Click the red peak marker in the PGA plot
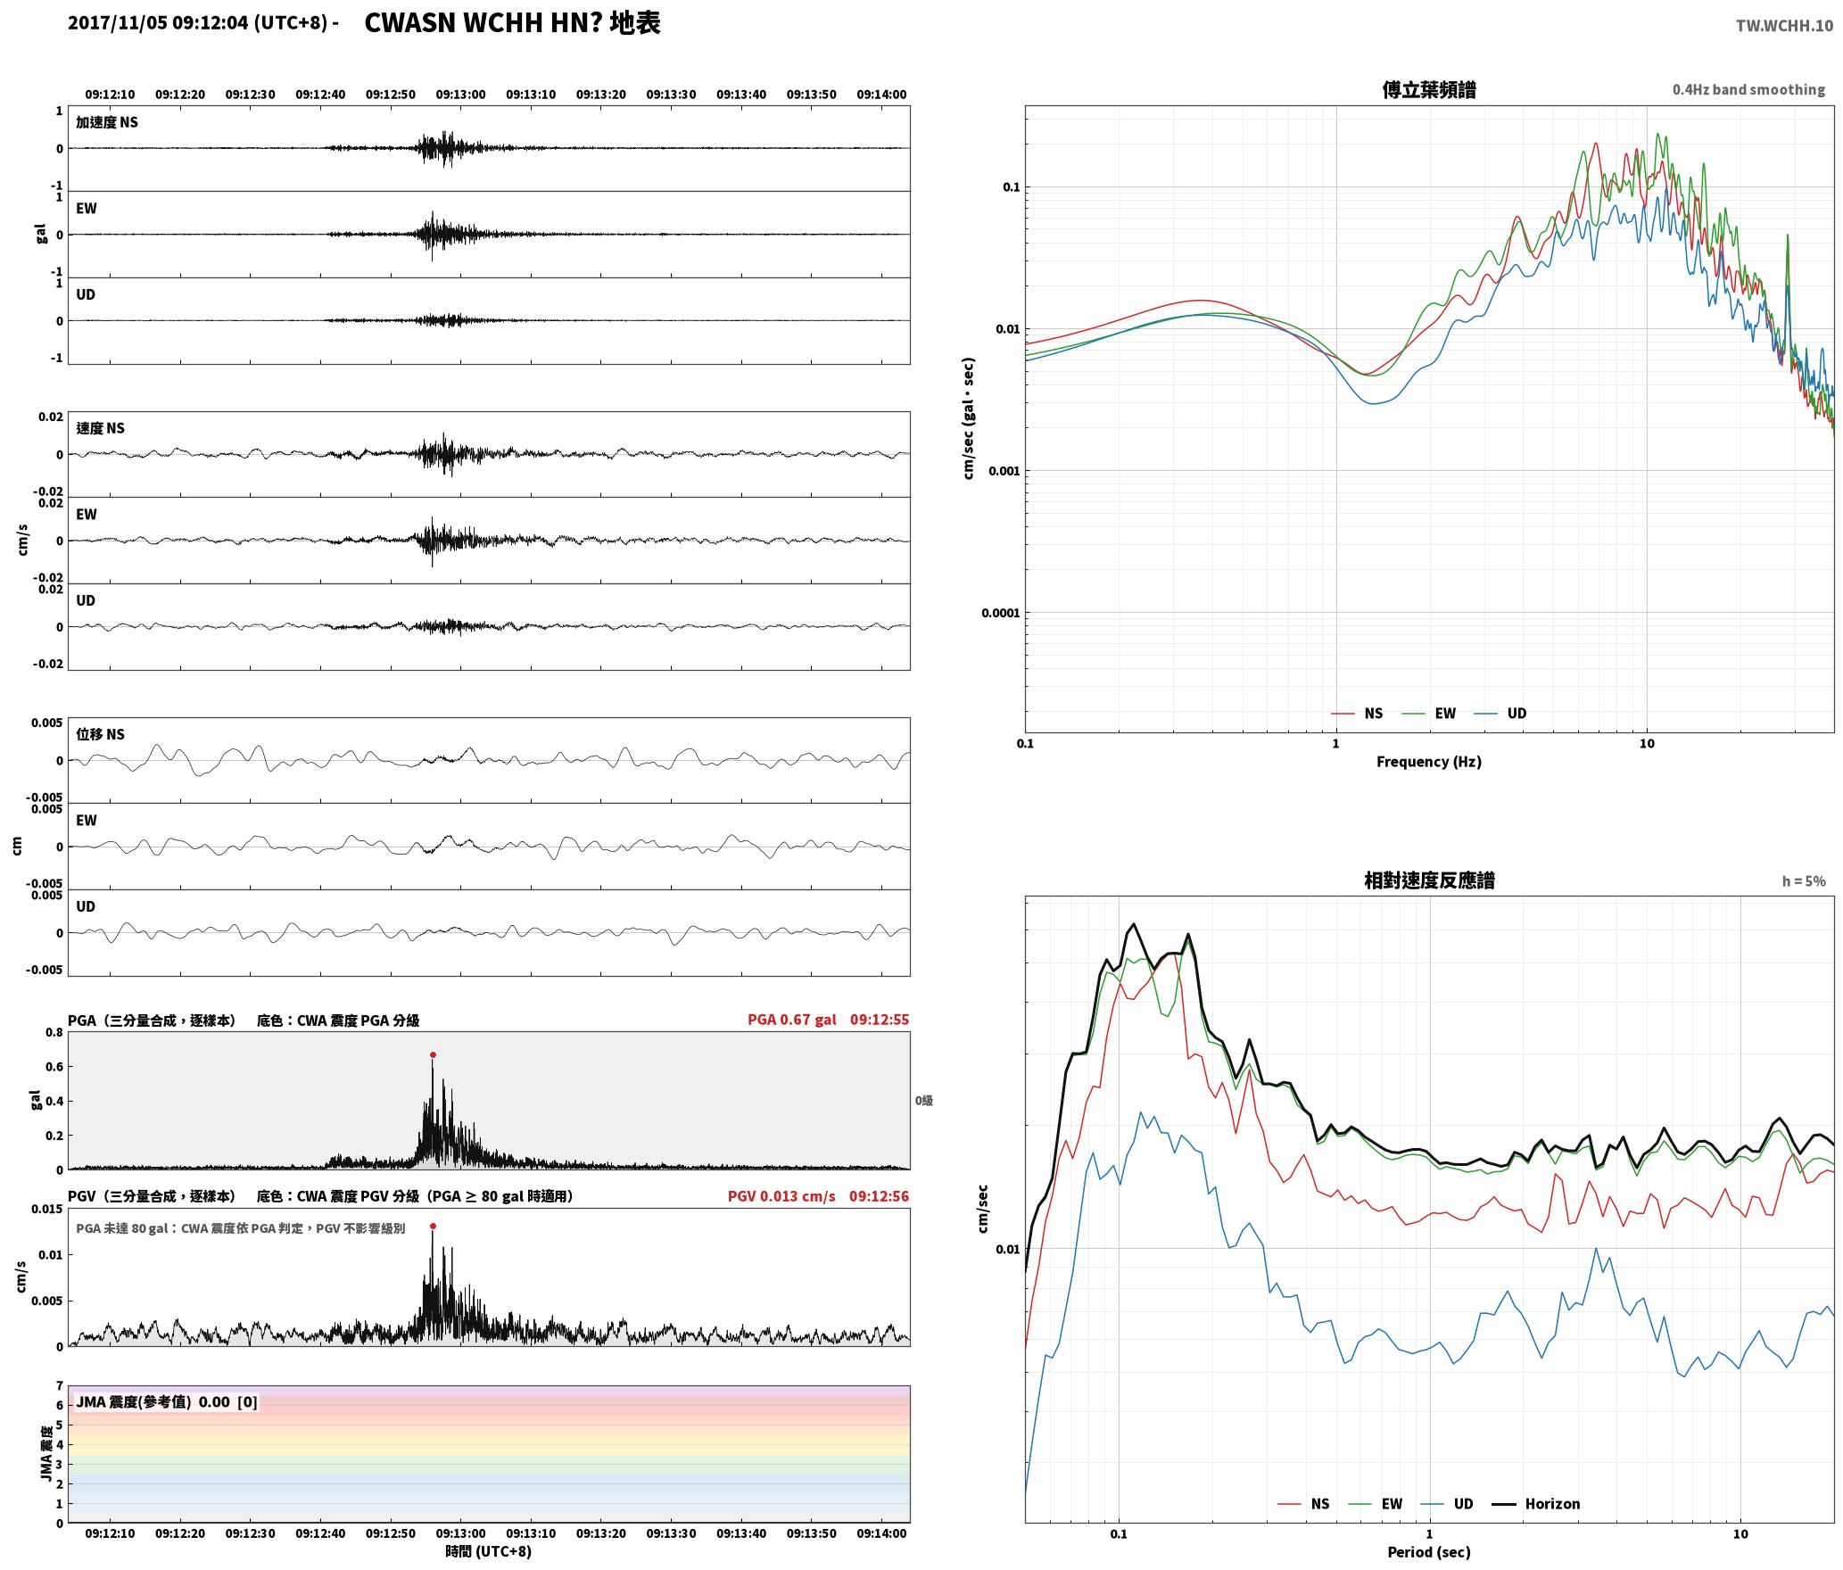433,1054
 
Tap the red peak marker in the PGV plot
433,1227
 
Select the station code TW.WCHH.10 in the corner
1784,25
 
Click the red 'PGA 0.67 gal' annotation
792,1020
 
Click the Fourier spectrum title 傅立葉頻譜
1429,89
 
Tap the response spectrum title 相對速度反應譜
1429,880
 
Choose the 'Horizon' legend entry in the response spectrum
1552,1504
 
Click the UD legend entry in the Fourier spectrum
1517,714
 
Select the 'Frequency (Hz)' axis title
1429,762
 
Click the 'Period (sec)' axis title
1429,1552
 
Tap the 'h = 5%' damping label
1804,881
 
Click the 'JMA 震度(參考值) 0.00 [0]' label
167,1401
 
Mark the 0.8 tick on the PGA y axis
54,1033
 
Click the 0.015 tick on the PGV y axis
48,1210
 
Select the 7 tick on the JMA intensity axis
60,1386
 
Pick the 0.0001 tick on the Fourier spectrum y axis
999,613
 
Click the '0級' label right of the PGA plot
924,1101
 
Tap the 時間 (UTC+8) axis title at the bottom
489,1551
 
